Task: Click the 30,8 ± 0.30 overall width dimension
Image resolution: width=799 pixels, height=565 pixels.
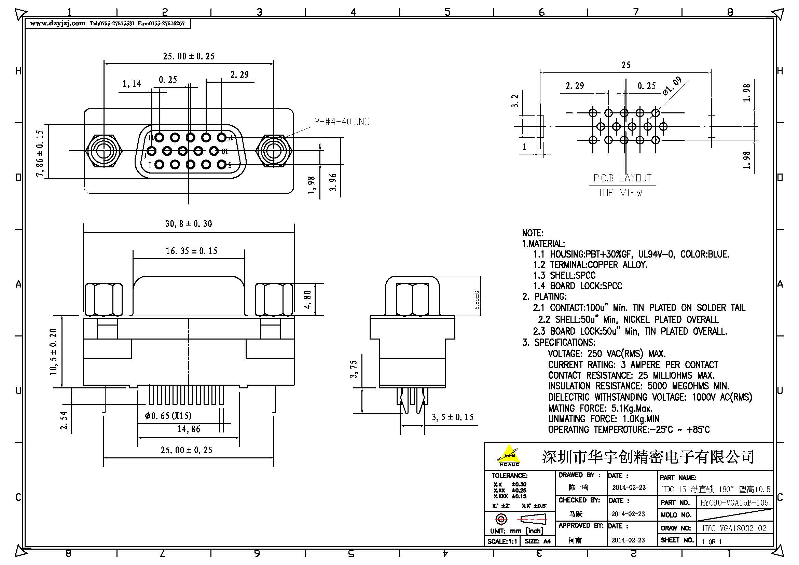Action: click(188, 224)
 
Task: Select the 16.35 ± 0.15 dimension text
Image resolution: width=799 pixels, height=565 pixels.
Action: click(191, 251)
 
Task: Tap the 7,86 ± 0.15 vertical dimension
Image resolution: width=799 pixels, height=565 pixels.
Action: click(40, 153)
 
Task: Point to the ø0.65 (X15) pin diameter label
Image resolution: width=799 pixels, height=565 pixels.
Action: click(168, 416)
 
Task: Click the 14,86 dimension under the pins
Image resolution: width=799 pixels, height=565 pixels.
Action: click(188, 429)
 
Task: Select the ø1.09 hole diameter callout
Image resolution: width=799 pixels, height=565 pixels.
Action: click(672, 86)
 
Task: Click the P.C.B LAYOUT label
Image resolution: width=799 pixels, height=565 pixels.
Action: click(622, 178)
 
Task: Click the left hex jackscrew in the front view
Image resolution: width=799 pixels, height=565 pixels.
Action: click(104, 151)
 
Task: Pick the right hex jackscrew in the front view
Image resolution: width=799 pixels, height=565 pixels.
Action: click(274, 151)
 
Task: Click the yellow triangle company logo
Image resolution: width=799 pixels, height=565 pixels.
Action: click(509, 454)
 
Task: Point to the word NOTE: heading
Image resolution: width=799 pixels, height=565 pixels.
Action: click(532, 233)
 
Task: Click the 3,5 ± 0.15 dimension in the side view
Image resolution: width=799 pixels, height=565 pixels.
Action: click(452, 417)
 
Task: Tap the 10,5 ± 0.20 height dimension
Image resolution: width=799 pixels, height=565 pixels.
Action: click(53, 352)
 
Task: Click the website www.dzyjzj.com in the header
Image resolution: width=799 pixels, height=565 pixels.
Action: click(57, 23)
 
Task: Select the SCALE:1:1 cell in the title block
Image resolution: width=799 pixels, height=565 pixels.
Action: click(502, 541)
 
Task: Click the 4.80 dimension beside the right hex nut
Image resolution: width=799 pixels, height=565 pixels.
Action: click(307, 300)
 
